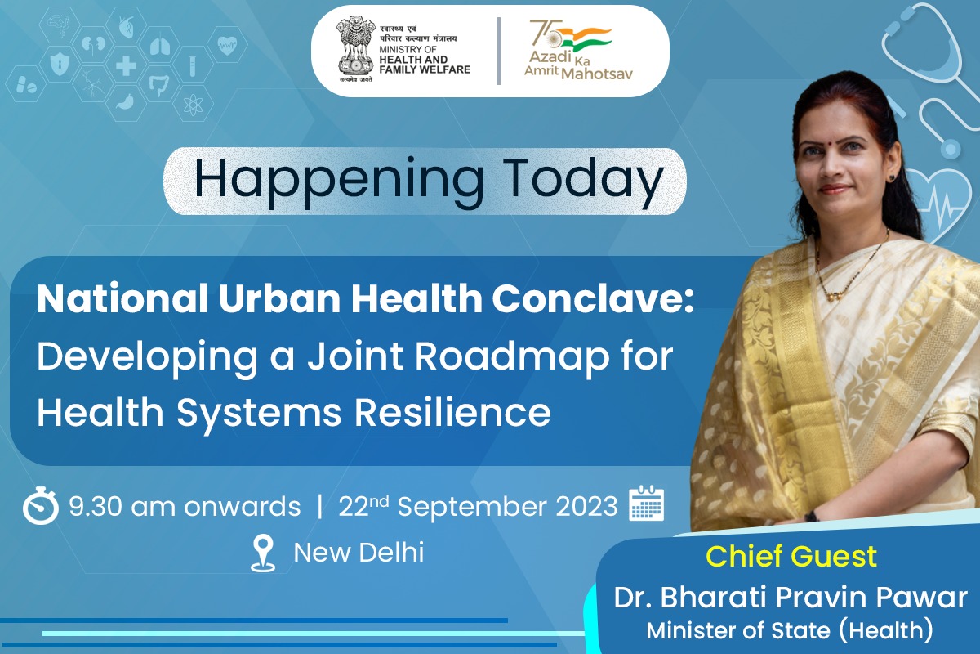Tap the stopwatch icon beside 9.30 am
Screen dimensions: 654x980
click(x=41, y=507)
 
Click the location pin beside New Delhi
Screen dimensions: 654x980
click(x=263, y=553)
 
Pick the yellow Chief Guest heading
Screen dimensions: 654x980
click(x=791, y=557)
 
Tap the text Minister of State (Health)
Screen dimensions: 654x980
click(x=789, y=630)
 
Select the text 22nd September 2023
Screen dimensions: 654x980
click(x=478, y=507)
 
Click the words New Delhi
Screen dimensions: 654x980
click(x=359, y=553)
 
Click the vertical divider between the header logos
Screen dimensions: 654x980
click(x=499, y=51)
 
